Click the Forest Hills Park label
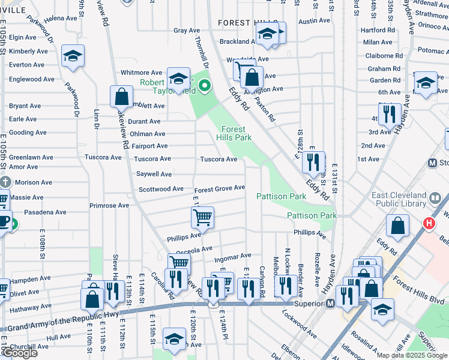pyautogui.click(x=234, y=133)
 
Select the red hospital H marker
pyautogui.click(x=429, y=224)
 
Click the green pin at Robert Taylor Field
pyautogui.click(x=204, y=88)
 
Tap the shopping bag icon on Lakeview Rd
pyautogui.click(x=121, y=97)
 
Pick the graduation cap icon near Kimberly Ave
pyautogui.click(x=73, y=57)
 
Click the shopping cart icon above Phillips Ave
pyautogui.click(x=203, y=217)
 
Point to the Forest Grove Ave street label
pyautogui.click(x=219, y=188)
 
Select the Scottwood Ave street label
pyautogui.click(x=161, y=189)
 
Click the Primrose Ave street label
pyautogui.click(x=109, y=205)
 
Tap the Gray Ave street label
pyautogui.click(x=187, y=31)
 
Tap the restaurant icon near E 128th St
pyautogui.click(x=313, y=163)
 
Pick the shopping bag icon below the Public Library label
pyautogui.click(x=397, y=227)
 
